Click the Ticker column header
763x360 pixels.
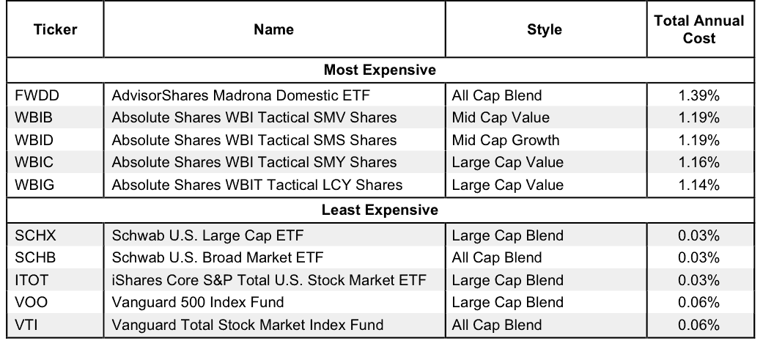click(55, 29)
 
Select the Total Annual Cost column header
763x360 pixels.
click(699, 29)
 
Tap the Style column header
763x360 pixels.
click(544, 29)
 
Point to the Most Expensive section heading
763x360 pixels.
click(380, 70)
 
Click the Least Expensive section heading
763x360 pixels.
click(380, 210)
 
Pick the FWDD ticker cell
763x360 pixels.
click(37, 95)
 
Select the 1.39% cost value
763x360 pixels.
click(699, 95)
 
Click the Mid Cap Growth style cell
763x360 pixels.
click(506, 140)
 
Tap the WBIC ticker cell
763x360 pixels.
click(34, 162)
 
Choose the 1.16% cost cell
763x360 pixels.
click(699, 162)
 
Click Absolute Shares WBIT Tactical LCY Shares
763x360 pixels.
click(257, 185)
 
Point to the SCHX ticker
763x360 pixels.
click(35, 235)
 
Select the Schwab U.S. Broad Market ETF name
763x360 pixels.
click(218, 257)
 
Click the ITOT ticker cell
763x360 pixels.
click(32, 280)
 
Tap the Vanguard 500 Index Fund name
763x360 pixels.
click(198, 302)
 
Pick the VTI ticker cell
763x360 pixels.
click(26, 325)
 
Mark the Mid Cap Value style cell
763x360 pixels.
click(501, 118)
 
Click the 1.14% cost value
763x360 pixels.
click(699, 185)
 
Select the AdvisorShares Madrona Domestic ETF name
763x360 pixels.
click(241, 95)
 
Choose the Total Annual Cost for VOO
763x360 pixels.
click(699, 302)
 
